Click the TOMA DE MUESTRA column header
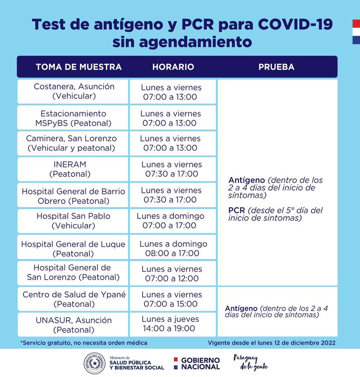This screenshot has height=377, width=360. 79,67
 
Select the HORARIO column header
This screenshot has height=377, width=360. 173,67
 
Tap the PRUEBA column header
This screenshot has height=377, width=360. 276,67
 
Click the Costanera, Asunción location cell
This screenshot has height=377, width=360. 74,92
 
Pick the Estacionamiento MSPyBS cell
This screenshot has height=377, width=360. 74,118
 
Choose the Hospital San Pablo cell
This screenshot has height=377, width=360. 74,221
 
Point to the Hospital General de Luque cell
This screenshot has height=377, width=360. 73,248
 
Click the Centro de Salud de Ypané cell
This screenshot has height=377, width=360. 74,299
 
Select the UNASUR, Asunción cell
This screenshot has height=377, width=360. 74,325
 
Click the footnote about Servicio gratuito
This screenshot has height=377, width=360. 84,343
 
